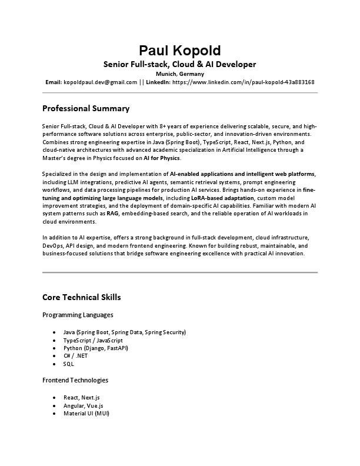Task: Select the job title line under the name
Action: (180, 64)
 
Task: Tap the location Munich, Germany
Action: (180, 74)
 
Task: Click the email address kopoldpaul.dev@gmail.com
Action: (100, 82)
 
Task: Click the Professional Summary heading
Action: (86, 109)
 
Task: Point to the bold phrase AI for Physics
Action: (162, 158)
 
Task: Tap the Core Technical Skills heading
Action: (82, 297)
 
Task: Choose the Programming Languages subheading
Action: (78, 315)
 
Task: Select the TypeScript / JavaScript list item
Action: (93, 341)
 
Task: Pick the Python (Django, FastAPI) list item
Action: (95, 348)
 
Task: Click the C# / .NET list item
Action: (76, 356)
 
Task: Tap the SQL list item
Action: (69, 364)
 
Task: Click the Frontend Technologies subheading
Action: (75, 380)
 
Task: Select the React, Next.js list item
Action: (81, 398)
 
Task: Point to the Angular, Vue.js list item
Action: (83, 406)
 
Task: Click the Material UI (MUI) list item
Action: (86, 414)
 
